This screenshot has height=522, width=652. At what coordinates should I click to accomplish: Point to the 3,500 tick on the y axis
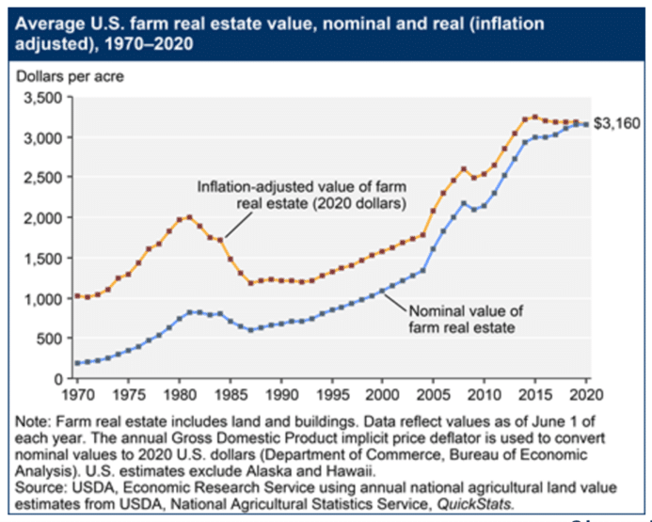coord(41,98)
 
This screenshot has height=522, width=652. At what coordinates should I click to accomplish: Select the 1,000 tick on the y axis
coord(41,298)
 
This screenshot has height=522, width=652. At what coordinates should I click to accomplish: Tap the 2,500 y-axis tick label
coord(41,178)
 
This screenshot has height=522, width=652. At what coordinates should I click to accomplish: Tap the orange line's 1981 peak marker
coord(189,217)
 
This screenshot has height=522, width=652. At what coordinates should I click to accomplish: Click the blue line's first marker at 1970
coord(76,363)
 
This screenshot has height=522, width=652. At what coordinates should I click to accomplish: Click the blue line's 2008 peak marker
coord(464,203)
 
